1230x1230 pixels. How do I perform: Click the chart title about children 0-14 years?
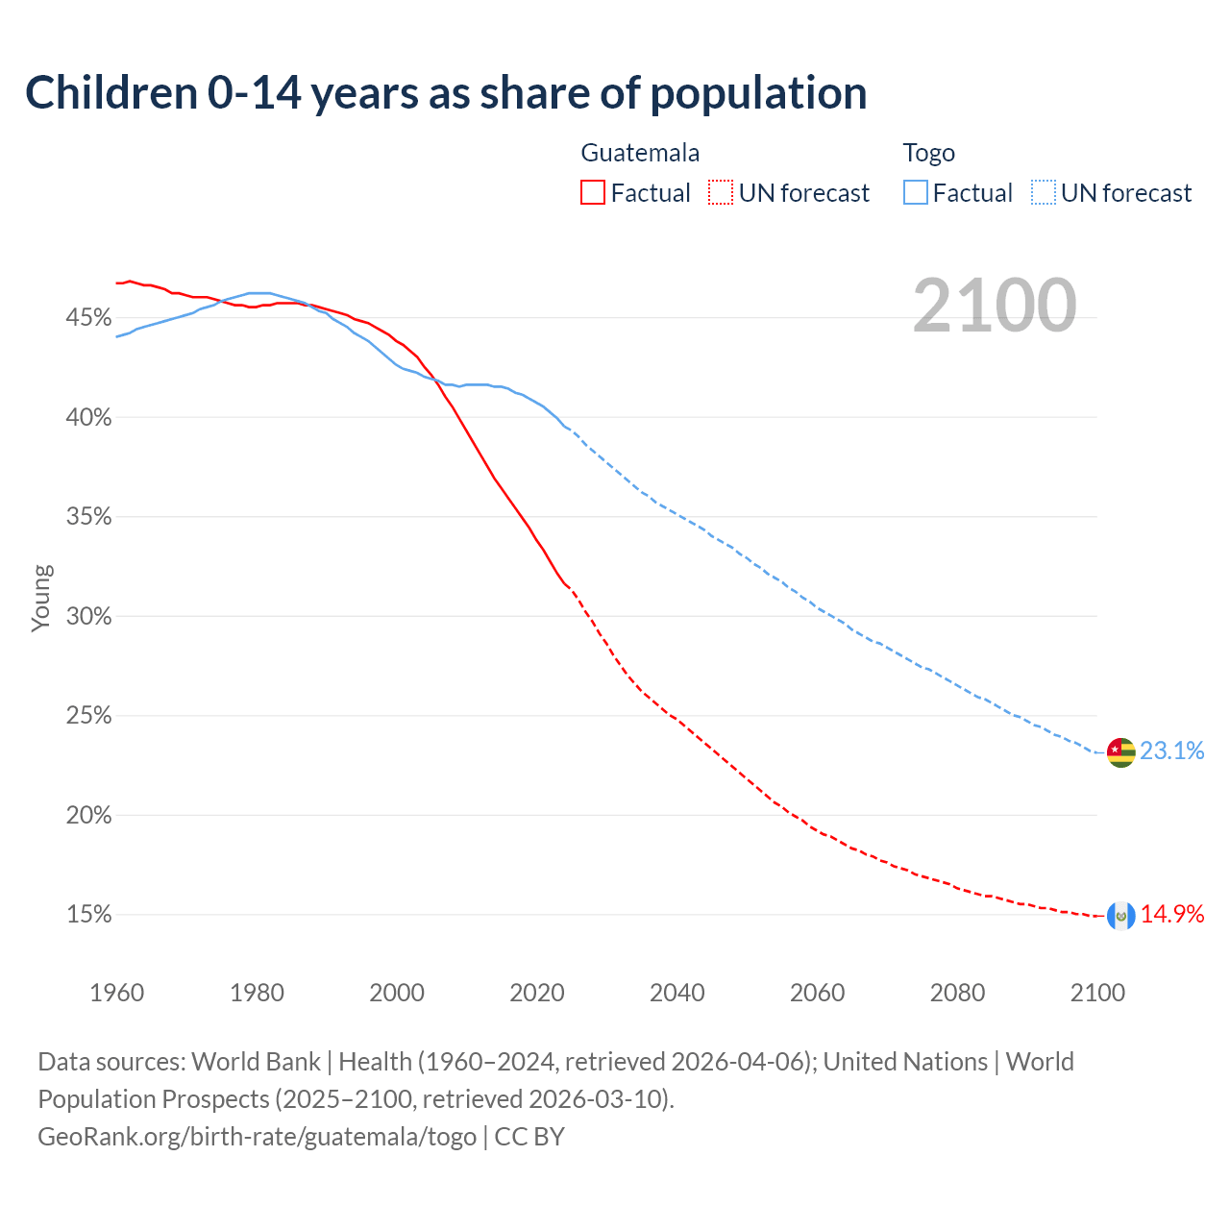pos(446,93)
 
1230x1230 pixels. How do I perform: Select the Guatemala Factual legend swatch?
pos(593,193)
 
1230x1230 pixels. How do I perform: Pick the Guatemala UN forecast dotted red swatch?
pos(721,193)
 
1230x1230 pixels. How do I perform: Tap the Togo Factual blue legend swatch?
pos(916,193)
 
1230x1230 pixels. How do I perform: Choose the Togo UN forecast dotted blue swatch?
pos(1043,193)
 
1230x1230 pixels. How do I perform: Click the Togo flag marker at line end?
pos(1120,752)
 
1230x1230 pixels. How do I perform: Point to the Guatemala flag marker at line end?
pos(1120,916)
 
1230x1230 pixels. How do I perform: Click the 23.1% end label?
pos(1172,750)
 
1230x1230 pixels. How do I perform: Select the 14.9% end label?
pos(1172,914)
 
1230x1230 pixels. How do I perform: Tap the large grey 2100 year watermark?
pos(995,306)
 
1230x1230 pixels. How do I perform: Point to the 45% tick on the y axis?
pos(89,318)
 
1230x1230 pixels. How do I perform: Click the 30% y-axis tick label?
pos(89,617)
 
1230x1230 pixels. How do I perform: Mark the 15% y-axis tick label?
pos(89,915)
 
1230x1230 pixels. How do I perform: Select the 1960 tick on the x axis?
pos(116,993)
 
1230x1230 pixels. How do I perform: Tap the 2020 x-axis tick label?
pos(537,993)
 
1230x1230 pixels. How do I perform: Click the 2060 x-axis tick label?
pos(817,993)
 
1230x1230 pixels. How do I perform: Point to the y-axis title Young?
pos(41,598)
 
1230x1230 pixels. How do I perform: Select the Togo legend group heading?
pos(928,153)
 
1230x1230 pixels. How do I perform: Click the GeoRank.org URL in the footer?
pos(257,1137)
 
